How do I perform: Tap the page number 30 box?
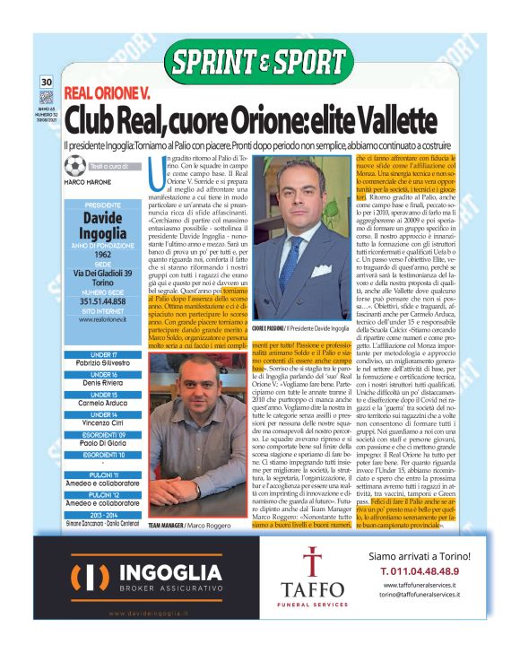46,83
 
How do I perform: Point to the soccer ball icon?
75,167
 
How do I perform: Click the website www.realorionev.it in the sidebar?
101,319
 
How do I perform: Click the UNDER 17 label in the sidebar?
101,355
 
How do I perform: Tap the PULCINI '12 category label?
101,494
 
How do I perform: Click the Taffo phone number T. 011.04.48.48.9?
420,570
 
